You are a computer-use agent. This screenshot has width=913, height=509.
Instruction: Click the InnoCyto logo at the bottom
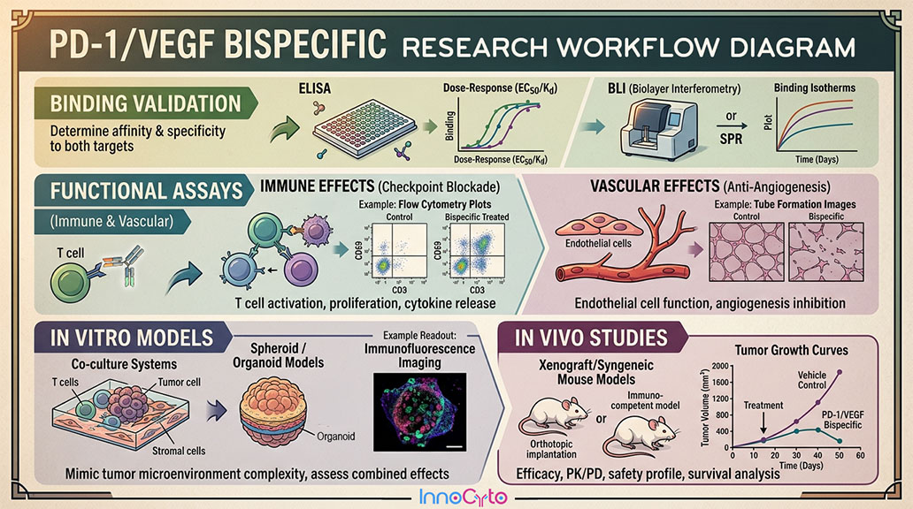(463, 497)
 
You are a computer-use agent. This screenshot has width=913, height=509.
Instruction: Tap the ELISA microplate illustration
(364, 128)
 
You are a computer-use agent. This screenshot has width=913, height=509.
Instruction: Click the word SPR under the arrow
(731, 140)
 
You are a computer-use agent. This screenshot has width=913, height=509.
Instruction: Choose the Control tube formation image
(746, 252)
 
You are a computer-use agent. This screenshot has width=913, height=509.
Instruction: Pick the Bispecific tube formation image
(825, 252)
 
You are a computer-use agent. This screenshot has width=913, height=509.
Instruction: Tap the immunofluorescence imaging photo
(420, 412)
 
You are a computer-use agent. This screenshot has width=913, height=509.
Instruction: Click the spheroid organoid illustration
(272, 412)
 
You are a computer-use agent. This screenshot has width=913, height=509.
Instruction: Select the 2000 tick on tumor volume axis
(719, 366)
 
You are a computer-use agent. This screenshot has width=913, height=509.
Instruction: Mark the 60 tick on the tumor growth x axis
(860, 455)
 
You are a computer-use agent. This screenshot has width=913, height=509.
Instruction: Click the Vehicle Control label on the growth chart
(811, 380)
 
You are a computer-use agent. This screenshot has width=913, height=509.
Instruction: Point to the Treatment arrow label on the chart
(763, 406)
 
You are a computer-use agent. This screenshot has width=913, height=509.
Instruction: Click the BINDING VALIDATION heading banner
(146, 103)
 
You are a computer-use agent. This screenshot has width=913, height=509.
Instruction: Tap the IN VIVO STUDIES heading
(591, 338)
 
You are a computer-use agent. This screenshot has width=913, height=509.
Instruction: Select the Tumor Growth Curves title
(791, 350)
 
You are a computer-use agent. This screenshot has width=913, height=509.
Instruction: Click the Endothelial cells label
(598, 243)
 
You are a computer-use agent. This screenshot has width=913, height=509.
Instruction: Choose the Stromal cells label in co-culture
(179, 451)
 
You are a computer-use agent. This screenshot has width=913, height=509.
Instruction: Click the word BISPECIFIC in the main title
(305, 44)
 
